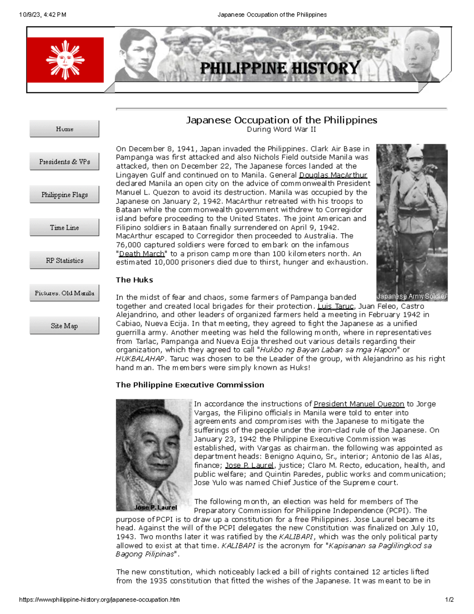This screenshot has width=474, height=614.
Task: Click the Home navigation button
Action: [x=64, y=129]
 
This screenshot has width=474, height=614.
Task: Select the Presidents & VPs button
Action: [x=64, y=162]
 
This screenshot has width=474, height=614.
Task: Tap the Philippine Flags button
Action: [x=64, y=195]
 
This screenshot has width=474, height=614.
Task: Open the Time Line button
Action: [x=64, y=227]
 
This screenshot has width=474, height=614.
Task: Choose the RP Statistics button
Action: [x=64, y=260]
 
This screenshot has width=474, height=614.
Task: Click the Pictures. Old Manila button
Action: [x=64, y=293]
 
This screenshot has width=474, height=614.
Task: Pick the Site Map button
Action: [x=64, y=326]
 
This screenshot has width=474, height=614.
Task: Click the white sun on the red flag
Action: [x=65, y=60]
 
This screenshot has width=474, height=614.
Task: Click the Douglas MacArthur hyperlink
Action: [x=333, y=175]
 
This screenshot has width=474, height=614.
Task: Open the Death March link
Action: [x=141, y=253]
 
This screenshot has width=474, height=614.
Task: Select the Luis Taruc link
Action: [x=335, y=306]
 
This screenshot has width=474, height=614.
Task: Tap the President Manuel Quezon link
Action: [x=359, y=404]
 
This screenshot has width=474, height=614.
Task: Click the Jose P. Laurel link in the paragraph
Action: [x=249, y=465]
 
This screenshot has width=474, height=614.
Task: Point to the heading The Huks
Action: [x=134, y=280]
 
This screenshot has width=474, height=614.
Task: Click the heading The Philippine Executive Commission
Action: [x=190, y=385]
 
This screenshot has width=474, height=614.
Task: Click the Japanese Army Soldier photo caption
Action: [x=412, y=296]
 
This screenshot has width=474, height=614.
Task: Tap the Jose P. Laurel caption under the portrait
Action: [x=156, y=507]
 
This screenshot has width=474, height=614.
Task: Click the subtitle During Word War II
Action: [x=281, y=129]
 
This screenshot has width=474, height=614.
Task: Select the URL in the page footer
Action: [x=100, y=599]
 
